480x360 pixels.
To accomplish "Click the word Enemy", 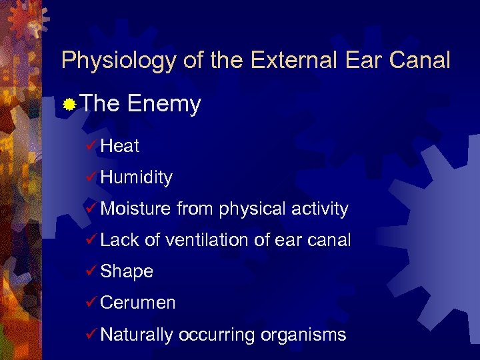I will (163, 104).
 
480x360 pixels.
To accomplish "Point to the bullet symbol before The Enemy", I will (69, 105).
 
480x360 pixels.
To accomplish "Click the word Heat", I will (120, 146).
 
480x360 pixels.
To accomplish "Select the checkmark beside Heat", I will (92, 146).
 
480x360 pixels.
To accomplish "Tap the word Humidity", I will (136, 177).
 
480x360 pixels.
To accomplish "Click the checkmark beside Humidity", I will (92, 177).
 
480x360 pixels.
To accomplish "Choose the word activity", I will (320, 209).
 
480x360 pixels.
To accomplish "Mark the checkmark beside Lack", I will (92, 240).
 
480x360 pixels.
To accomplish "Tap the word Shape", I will (127, 272).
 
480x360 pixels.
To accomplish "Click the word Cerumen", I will (137, 303).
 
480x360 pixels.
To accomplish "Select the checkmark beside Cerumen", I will (92, 303).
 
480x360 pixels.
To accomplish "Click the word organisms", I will (303, 335).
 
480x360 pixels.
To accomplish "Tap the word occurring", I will (217, 335).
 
